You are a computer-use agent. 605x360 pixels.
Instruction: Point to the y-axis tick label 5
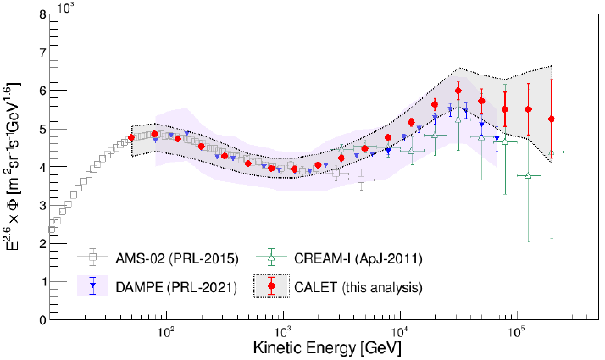click(x=42, y=129)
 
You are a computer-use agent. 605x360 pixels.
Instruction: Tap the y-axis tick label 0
click(x=42, y=319)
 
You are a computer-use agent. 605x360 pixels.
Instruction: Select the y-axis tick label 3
click(x=42, y=205)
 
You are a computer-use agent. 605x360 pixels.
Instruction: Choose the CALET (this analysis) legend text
click(x=358, y=287)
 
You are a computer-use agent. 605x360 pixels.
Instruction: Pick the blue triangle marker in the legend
click(x=92, y=286)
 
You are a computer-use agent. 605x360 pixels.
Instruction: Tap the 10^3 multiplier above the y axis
click(x=66, y=7)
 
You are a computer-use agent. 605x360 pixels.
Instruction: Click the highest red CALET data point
click(x=458, y=91)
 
